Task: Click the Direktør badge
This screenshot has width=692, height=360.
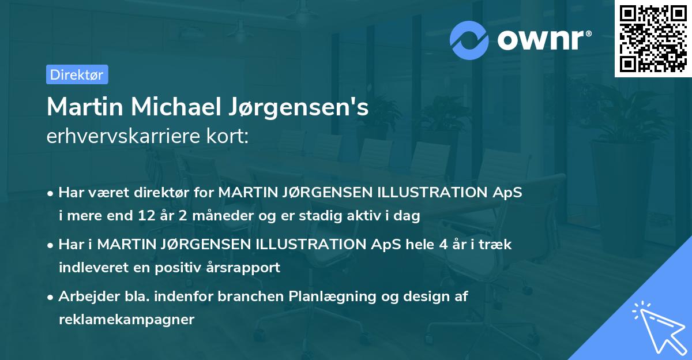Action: [77, 74]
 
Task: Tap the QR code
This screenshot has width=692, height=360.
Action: [652, 39]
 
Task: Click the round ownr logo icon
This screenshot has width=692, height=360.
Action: [469, 40]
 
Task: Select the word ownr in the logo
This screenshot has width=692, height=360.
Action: [543, 40]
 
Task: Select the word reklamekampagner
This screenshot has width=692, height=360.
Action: [126, 320]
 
